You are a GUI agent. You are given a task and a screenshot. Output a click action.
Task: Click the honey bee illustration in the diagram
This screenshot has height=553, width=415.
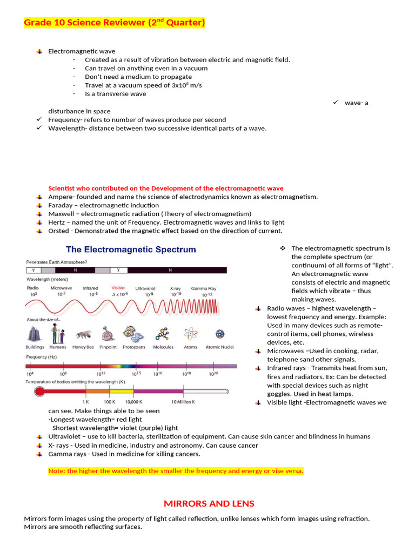point(83,334)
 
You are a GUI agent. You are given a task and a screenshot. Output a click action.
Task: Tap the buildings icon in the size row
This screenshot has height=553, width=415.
point(35,334)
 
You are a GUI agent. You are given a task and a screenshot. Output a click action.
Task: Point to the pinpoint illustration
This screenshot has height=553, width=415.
point(108,334)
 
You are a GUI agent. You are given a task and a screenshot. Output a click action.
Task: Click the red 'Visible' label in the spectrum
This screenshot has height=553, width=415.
point(118,288)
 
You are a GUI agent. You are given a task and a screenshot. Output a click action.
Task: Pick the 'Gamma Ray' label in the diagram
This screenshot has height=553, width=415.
point(204,288)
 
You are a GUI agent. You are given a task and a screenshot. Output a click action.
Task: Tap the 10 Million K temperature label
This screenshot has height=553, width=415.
point(183,402)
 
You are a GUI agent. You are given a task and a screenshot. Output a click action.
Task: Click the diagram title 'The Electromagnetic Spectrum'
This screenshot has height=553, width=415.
point(131,249)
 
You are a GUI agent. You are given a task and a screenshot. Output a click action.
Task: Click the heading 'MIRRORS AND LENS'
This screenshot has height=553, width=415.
point(209,503)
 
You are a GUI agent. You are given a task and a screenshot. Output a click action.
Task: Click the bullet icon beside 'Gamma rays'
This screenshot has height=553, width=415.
point(39,454)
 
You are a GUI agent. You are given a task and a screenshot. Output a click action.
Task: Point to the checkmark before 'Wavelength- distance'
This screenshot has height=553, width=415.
point(39,129)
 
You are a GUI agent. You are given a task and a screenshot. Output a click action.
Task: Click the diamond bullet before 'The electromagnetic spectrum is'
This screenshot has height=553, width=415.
point(282,248)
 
